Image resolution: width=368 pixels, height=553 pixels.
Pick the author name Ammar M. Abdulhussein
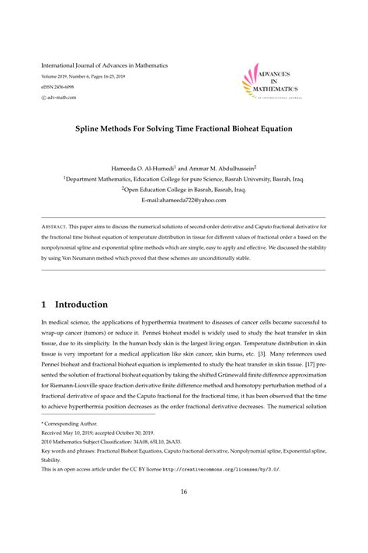[223, 167]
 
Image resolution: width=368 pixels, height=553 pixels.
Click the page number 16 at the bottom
[184, 491]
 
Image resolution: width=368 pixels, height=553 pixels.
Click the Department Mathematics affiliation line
[184, 178]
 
